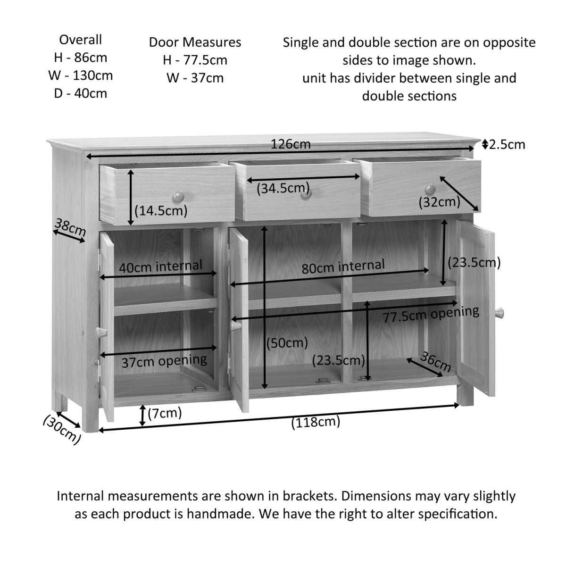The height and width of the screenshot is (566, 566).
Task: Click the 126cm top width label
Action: [291, 144]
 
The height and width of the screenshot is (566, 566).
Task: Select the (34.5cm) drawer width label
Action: [283, 189]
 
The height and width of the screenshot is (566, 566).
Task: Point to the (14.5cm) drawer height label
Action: [161, 210]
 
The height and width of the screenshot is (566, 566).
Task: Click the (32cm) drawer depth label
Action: [439, 202]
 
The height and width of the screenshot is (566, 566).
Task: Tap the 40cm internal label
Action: [160, 266]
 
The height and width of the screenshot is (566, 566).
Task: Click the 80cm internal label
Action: [343, 266]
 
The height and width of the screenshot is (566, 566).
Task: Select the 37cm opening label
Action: [164, 361]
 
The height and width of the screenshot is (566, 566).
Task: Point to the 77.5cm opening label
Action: [431, 314]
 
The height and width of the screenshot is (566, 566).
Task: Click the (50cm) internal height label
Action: [287, 342]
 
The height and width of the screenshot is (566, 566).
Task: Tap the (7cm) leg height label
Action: [165, 414]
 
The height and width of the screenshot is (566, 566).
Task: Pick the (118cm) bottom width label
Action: [316, 422]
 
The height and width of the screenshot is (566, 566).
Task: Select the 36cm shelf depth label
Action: [435, 362]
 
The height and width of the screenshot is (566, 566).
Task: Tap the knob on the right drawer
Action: [430, 189]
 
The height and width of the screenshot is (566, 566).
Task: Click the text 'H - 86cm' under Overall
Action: [80, 58]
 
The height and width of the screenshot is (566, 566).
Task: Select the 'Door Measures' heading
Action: [195, 42]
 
